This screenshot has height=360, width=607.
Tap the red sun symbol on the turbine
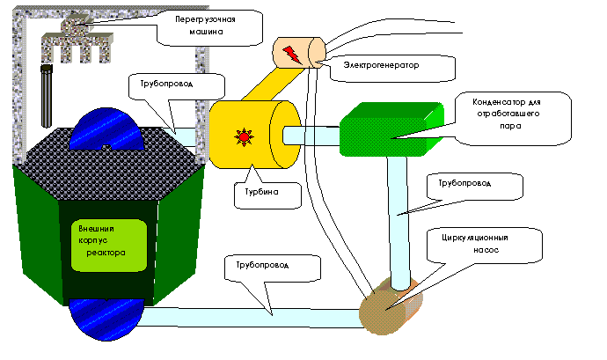240,137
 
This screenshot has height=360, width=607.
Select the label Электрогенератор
384,66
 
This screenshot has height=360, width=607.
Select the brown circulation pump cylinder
389,305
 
